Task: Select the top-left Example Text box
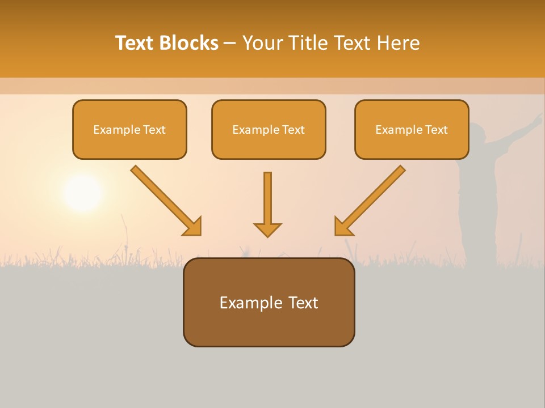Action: (x=129, y=130)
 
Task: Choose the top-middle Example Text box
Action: (x=269, y=130)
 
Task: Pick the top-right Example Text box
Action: (x=412, y=130)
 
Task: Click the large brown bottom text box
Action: (x=269, y=302)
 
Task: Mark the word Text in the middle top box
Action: (x=293, y=130)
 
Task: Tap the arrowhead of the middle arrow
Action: (x=267, y=229)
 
